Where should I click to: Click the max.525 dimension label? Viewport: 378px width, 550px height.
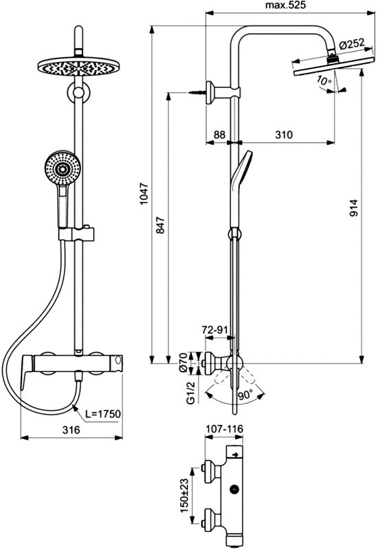point(284,5)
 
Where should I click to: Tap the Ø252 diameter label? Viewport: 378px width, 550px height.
point(353,43)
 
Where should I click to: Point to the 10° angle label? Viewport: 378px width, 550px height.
point(324,80)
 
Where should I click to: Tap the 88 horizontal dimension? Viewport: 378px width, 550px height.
point(219,135)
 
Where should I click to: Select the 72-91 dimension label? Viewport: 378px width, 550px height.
point(215,331)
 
